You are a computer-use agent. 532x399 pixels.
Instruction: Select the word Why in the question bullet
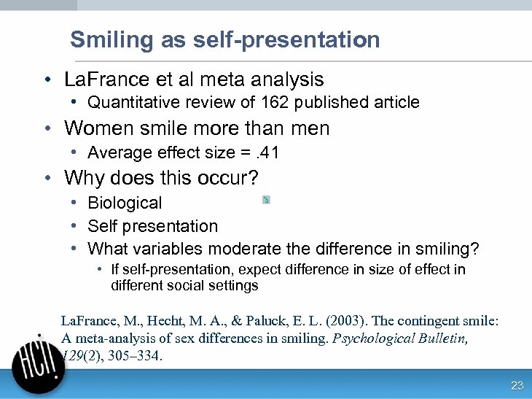(x=82, y=178)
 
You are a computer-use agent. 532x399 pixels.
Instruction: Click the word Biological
(x=125, y=203)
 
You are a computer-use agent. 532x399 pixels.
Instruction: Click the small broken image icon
(x=266, y=200)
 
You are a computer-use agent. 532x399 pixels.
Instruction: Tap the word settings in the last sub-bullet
(x=234, y=286)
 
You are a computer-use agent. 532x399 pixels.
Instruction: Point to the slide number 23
(x=517, y=386)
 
